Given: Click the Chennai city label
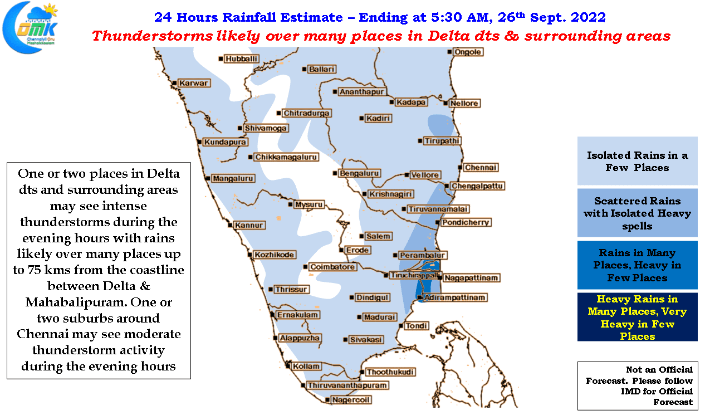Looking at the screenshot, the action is pyautogui.click(x=481, y=168).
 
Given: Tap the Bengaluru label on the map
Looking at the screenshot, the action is pyautogui.click(x=359, y=173).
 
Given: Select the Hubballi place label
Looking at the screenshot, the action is pyautogui.click(x=241, y=59).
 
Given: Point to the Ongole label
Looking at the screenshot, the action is pyautogui.click(x=468, y=52).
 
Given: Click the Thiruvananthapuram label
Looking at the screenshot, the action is pyautogui.click(x=347, y=385).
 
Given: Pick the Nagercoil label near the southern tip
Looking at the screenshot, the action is pyautogui.click(x=351, y=400).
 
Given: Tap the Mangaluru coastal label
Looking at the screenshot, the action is pyautogui.click(x=233, y=178).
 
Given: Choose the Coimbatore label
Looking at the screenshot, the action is pyautogui.click(x=332, y=267).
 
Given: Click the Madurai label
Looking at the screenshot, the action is pyautogui.click(x=380, y=317).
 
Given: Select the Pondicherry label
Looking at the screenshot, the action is pyautogui.click(x=466, y=223).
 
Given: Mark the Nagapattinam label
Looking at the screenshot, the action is pyautogui.click(x=471, y=278).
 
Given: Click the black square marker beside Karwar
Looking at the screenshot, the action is pyautogui.click(x=174, y=83).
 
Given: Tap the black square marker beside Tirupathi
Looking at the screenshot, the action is pyautogui.click(x=420, y=141).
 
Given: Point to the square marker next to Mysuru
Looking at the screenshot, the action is pyautogui.click(x=290, y=204).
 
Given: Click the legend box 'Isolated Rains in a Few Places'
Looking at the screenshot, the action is pyautogui.click(x=637, y=161).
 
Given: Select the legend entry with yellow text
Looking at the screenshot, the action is pyautogui.click(x=637, y=317).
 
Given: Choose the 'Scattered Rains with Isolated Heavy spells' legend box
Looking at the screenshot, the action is pyautogui.click(x=637, y=213).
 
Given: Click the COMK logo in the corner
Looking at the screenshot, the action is pyautogui.click(x=30, y=27).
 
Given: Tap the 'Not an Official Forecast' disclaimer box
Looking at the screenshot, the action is pyautogui.click(x=638, y=386).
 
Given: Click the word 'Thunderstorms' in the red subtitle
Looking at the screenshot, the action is pyautogui.click(x=153, y=36).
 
